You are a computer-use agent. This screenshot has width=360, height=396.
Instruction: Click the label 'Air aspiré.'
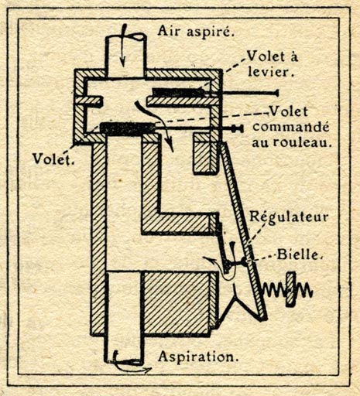pyautogui.click(x=196, y=32)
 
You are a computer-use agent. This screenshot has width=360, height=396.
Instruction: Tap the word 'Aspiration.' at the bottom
pyautogui.click(x=198, y=357)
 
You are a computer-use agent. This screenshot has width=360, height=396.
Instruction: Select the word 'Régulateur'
pyautogui.click(x=289, y=217)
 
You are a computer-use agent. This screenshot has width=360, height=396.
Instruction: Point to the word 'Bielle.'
pyautogui.click(x=300, y=255)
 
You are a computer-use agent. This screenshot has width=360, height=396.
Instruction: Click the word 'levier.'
pyautogui.click(x=271, y=72)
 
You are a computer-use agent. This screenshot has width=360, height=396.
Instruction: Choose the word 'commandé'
pyautogui.click(x=291, y=127)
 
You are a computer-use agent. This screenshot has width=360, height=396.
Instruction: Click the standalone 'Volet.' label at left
pyautogui.click(x=53, y=159)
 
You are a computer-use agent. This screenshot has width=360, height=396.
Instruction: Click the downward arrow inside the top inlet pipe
pyautogui.click(x=124, y=45)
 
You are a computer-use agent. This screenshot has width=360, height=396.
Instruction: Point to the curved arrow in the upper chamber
pyautogui.click(x=155, y=124)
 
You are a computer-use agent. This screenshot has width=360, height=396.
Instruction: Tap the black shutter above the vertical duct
pyautogui.click(x=128, y=128)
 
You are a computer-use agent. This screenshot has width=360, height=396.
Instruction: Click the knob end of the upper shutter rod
pyautogui.click(x=276, y=93)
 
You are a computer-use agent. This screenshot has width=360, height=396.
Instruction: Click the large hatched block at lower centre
pyautogui.click(x=179, y=303)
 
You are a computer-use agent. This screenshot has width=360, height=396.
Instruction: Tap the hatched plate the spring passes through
pyautogui.click(x=290, y=289)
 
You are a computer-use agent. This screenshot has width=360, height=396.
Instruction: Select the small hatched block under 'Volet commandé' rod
pyautogui.click(x=205, y=154)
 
